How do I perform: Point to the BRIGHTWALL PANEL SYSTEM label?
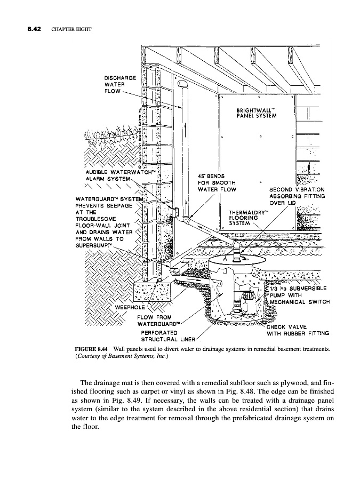[255, 114]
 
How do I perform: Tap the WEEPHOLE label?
[127, 308]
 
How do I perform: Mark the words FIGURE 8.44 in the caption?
[93, 349]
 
